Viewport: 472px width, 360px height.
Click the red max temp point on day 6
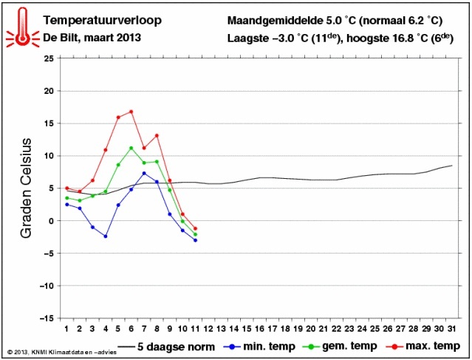pyautogui.click(x=131, y=112)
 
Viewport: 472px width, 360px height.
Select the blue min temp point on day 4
pyautogui.click(x=106, y=237)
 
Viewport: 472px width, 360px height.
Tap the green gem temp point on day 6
pyautogui.click(x=131, y=148)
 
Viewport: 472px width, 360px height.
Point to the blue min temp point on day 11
pyautogui.click(x=196, y=240)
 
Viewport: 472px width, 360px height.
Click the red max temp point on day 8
pyautogui.click(x=157, y=135)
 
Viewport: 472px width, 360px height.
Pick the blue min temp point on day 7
pyautogui.click(x=144, y=173)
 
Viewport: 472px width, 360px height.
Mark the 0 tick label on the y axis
pyautogui.click(x=50, y=221)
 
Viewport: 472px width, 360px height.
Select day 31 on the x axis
pyautogui.click(x=452, y=328)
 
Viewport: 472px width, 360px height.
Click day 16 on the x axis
pyautogui.click(x=259, y=328)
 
